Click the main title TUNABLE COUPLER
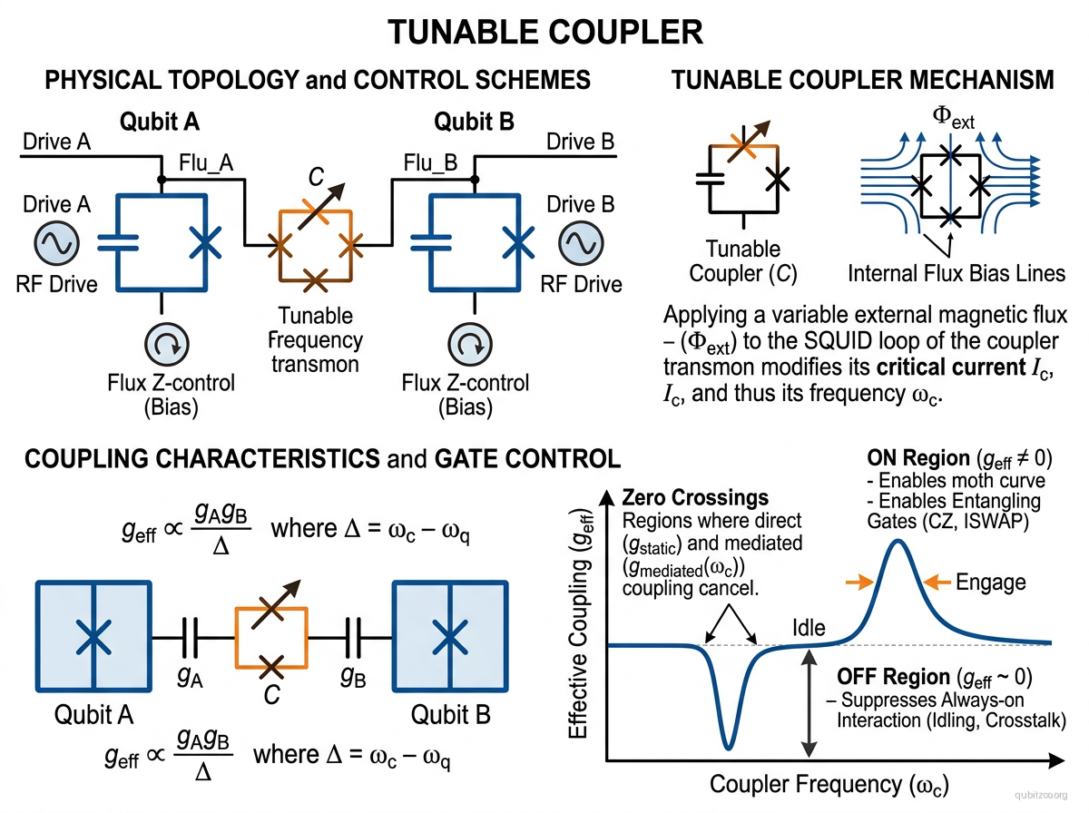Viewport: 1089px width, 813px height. point(545,32)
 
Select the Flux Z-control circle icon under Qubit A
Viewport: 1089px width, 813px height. point(167,345)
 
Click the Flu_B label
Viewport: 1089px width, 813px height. point(429,163)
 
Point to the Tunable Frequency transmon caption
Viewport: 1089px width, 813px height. point(315,340)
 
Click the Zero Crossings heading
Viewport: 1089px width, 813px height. point(695,498)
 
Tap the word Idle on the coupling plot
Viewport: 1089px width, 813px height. point(810,629)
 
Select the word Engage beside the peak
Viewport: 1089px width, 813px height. point(992,582)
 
